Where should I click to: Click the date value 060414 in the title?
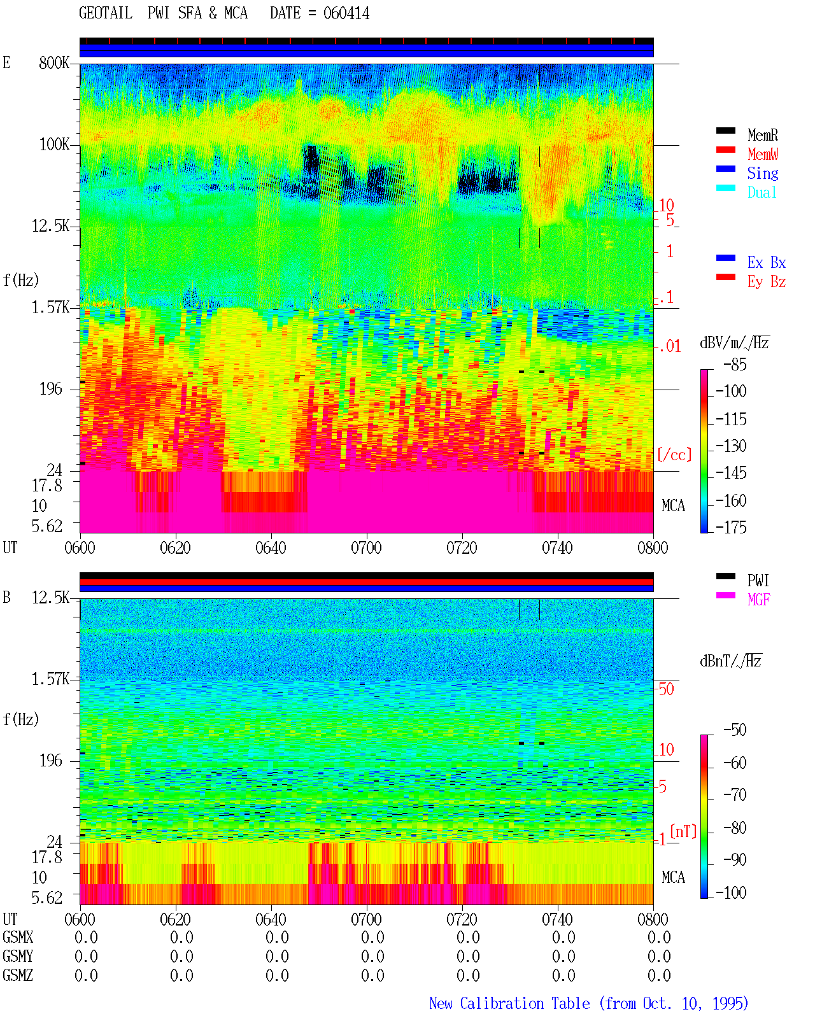[x=346, y=13]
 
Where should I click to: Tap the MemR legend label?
[x=762, y=135]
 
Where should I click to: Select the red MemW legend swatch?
[x=725, y=150]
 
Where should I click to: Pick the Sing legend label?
[x=762, y=173]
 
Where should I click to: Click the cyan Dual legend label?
[x=762, y=192]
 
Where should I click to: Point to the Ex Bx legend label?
[x=766, y=262]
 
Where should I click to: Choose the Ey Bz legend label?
[x=766, y=282]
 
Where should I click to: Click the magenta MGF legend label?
[x=758, y=600]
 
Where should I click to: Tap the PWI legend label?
[x=758, y=581]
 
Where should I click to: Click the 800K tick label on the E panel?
[x=54, y=62]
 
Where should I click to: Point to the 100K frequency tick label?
[x=54, y=144]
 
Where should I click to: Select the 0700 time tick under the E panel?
[x=366, y=547]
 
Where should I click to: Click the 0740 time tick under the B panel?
[x=557, y=919]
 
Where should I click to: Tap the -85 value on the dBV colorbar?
[x=735, y=364]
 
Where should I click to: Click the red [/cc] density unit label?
[x=674, y=454]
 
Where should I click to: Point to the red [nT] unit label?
[x=683, y=831]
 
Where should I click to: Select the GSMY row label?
[x=18, y=956]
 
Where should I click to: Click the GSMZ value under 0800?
[x=659, y=975]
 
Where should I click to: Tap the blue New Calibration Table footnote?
[x=588, y=1003]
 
